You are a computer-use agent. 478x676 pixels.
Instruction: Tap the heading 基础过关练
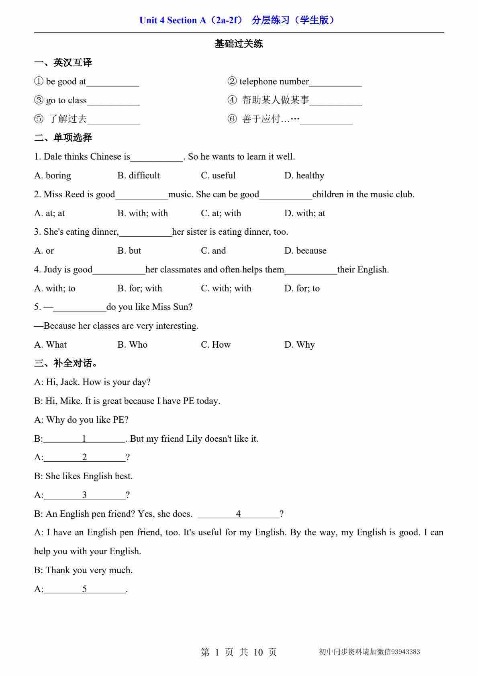(x=239, y=44)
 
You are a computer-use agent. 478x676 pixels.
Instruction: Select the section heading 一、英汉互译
(x=63, y=63)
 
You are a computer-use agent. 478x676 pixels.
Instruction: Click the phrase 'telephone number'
(x=274, y=82)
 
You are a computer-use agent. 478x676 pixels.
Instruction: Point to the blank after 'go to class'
(x=113, y=101)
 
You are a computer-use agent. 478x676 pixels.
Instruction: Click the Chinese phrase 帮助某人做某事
(x=276, y=100)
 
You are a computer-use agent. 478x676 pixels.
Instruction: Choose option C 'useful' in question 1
(x=218, y=176)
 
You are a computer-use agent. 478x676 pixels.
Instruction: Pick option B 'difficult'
(x=139, y=176)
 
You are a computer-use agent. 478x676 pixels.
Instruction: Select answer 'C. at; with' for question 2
(x=221, y=213)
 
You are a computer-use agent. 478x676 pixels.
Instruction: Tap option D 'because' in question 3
(x=305, y=251)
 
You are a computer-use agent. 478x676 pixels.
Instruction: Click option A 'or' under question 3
(x=44, y=251)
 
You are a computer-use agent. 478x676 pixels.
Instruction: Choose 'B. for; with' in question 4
(x=140, y=289)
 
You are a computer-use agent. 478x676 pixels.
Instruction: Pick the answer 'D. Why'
(x=300, y=345)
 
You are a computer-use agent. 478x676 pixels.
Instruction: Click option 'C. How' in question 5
(x=216, y=345)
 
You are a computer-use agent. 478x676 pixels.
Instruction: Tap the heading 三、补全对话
(x=65, y=364)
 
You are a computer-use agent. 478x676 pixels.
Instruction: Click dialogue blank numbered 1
(x=84, y=439)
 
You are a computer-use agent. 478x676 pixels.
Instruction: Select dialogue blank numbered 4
(x=239, y=514)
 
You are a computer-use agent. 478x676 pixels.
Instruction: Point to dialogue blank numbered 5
(x=85, y=589)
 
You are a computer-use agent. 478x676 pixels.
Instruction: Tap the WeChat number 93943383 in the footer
(x=405, y=652)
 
